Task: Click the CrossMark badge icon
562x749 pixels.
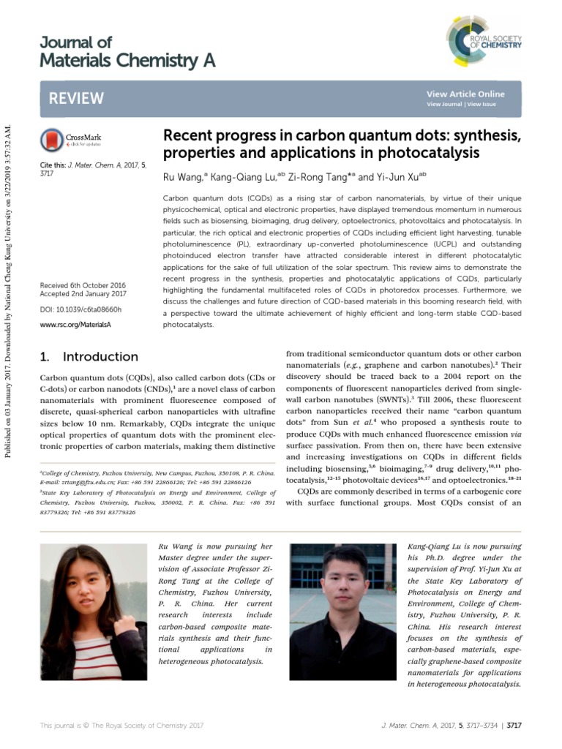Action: point(52,139)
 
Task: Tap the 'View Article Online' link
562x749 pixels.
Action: point(465,94)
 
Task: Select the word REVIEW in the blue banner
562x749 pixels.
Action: point(76,99)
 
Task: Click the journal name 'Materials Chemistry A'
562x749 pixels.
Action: point(127,61)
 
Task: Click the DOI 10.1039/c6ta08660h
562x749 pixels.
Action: point(80,310)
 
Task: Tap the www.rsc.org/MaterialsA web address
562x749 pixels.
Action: point(75,324)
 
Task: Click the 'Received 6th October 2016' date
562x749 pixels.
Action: point(83,285)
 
